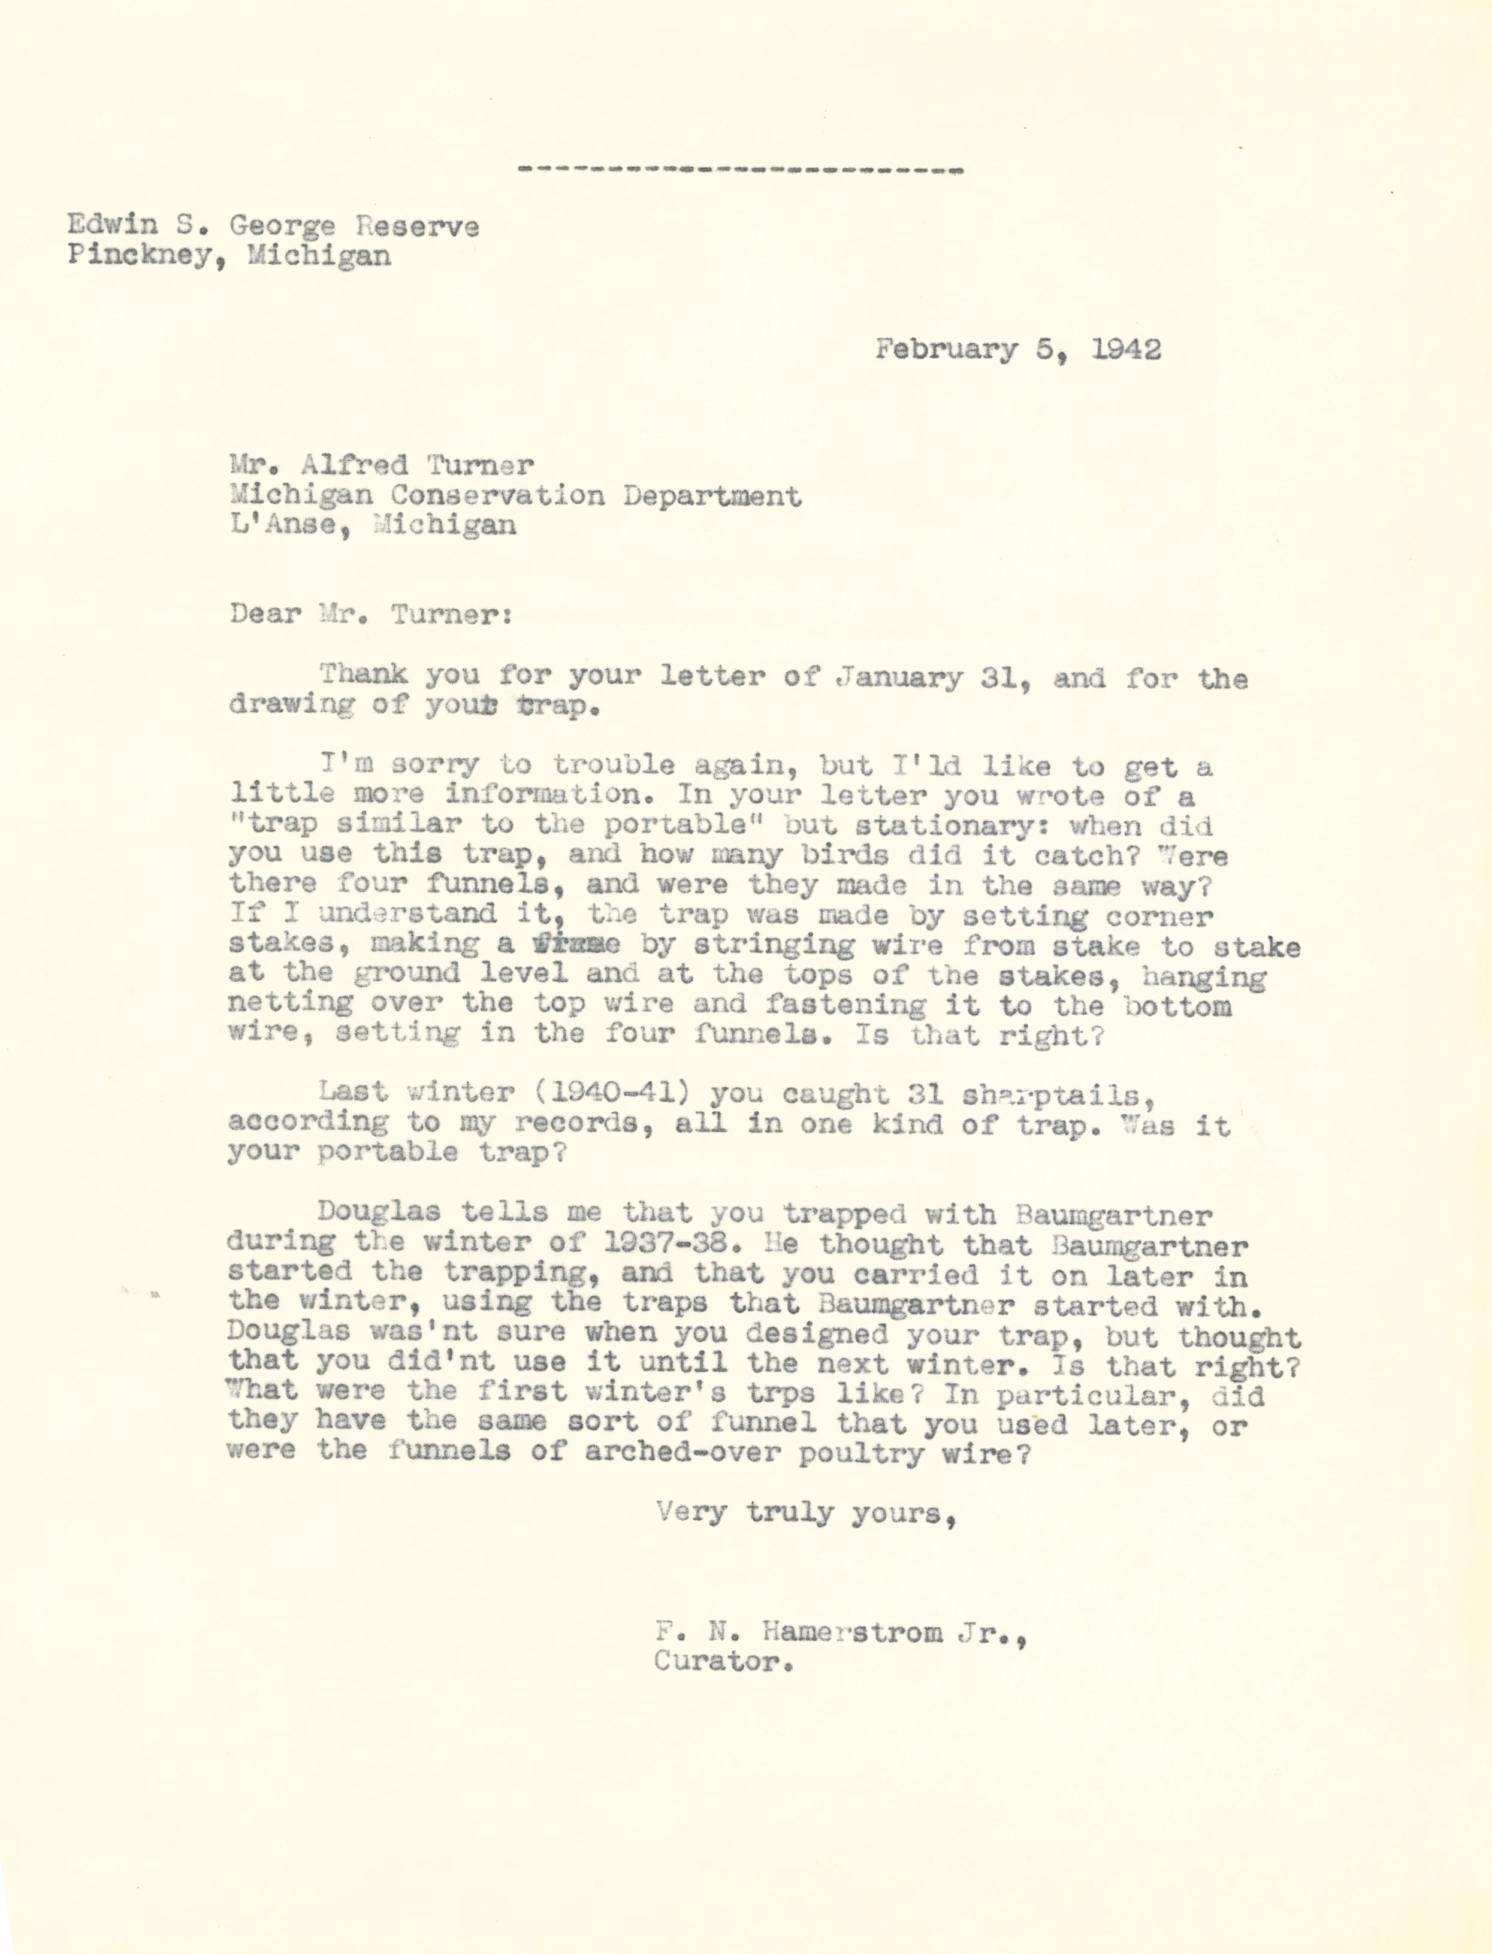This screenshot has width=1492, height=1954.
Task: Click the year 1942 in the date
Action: (x=1125, y=349)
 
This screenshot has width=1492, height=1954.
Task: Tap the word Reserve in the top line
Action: (x=418, y=226)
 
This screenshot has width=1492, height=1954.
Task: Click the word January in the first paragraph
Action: (x=899, y=677)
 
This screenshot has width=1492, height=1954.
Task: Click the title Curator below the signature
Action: (x=722, y=1661)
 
